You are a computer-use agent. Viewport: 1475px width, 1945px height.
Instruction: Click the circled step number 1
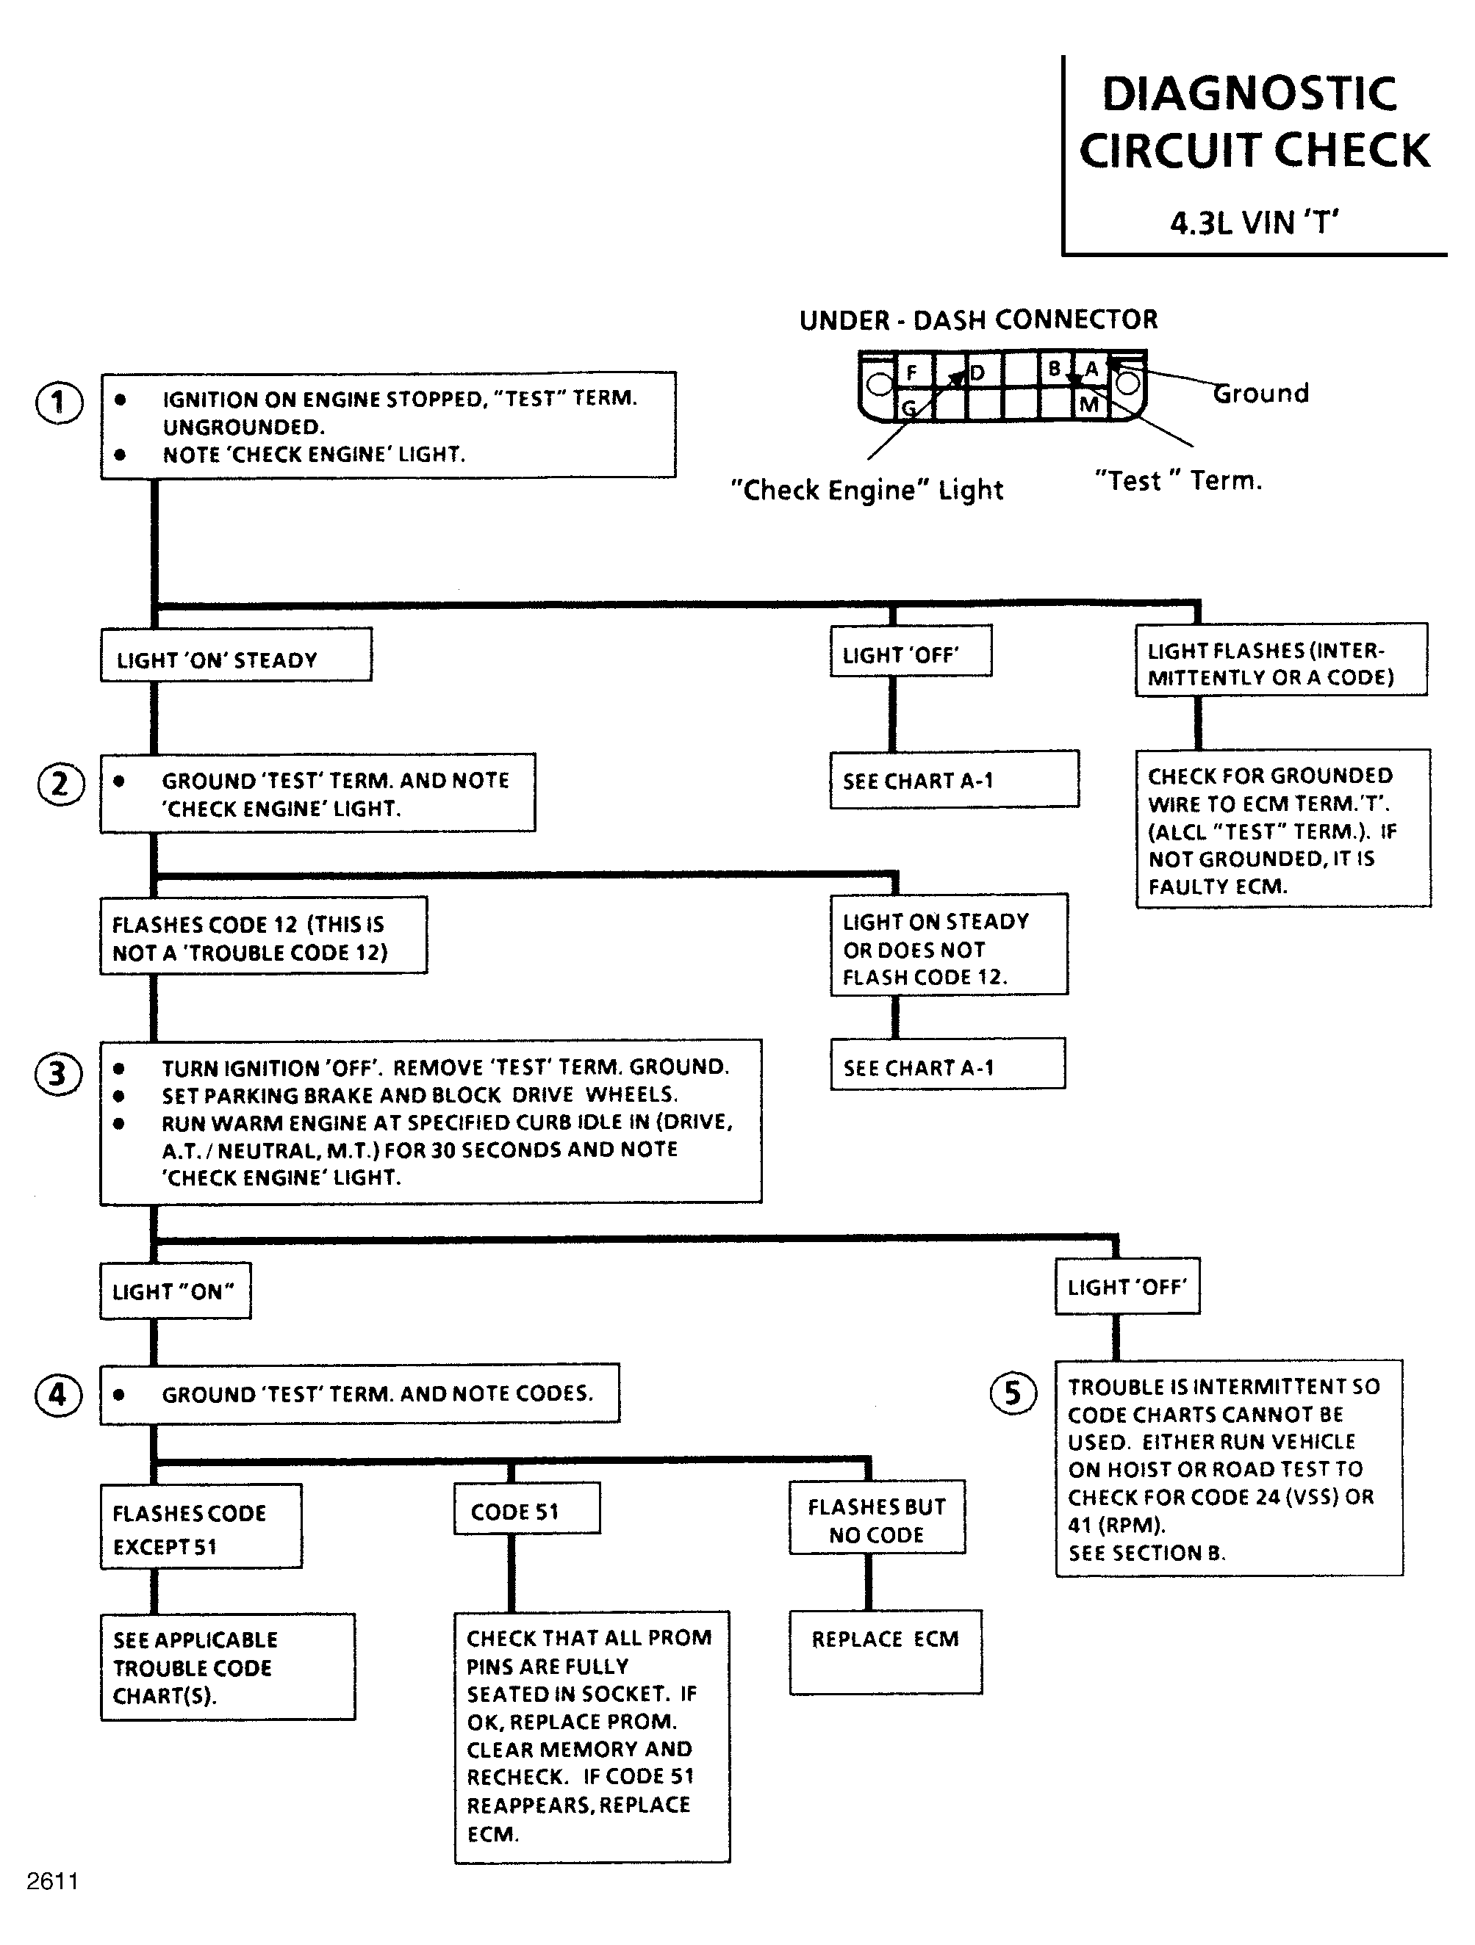click(59, 403)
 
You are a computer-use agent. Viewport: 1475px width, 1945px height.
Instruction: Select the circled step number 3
click(58, 1074)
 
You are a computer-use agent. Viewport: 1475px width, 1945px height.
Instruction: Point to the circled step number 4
click(58, 1395)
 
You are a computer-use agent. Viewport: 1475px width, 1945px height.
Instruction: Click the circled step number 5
click(1013, 1393)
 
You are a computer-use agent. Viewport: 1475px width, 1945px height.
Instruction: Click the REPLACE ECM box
click(886, 1651)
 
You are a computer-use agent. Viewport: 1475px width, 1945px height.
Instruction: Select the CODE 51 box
click(527, 1508)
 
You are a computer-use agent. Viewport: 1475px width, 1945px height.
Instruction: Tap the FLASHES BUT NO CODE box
click(877, 1518)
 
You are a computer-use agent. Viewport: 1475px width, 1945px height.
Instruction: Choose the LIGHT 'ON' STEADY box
click(236, 654)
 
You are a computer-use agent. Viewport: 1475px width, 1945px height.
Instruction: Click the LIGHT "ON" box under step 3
click(175, 1291)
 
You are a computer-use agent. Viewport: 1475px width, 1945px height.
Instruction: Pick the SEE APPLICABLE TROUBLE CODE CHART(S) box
click(228, 1667)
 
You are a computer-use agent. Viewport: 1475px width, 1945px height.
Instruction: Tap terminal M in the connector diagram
click(1089, 405)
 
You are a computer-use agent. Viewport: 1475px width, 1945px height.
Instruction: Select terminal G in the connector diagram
click(908, 407)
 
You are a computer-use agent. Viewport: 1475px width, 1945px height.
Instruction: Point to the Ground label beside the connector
click(1261, 393)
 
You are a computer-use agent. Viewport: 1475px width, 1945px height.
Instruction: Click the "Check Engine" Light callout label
click(867, 490)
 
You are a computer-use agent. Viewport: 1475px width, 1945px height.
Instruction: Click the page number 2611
click(53, 1881)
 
